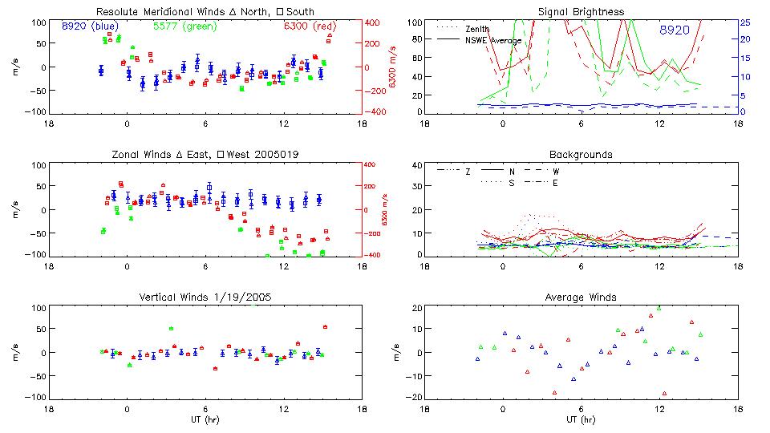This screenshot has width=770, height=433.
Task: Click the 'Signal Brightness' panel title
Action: tap(581, 12)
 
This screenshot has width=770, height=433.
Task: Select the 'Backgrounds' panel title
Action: tap(581, 154)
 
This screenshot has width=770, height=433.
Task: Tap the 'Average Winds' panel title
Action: tap(581, 297)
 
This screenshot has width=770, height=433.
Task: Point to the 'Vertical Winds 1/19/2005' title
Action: tap(205, 297)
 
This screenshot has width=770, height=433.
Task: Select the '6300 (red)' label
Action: tap(308, 26)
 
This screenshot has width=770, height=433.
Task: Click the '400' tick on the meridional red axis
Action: tap(373, 22)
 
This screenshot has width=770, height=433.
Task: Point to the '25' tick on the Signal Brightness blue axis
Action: tap(744, 22)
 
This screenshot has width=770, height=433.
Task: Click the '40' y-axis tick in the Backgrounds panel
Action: tap(416, 165)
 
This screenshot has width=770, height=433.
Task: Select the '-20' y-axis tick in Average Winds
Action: tap(415, 397)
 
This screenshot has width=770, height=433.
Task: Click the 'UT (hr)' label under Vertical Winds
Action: tap(205, 419)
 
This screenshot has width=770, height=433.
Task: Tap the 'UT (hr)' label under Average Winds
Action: tap(581, 419)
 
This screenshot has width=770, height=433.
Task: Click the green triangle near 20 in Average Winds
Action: tap(659, 308)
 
